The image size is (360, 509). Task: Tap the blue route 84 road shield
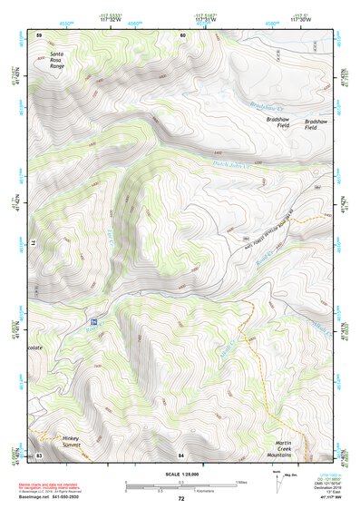coord(93,322)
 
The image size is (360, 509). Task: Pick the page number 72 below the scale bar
coord(181,499)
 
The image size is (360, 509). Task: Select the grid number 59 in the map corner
coord(39,34)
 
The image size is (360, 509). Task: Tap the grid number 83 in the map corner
coord(39,454)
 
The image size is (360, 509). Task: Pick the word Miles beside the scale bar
coord(241,481)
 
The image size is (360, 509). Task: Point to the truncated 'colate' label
coord(34,346)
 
